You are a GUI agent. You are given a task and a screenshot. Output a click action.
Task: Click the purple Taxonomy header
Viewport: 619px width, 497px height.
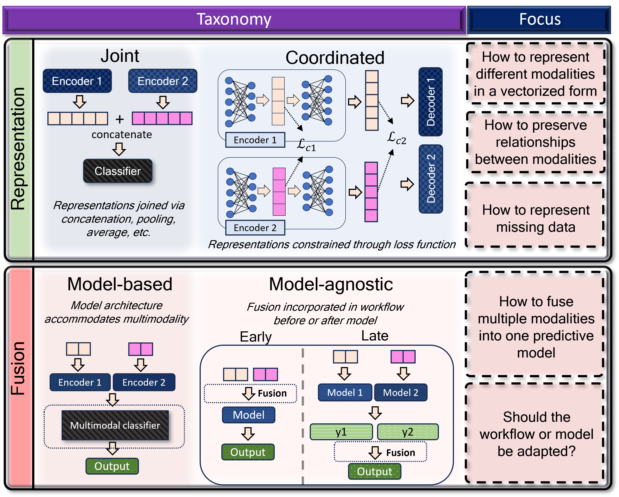234,20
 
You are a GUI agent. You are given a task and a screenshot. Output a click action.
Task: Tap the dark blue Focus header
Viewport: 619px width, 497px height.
539,20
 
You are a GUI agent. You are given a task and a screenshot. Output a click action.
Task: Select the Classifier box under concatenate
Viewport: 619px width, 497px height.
118,171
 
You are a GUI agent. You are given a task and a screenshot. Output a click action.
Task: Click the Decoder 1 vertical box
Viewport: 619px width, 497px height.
430,102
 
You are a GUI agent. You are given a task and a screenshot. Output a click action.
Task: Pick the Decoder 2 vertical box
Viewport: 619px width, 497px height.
431,179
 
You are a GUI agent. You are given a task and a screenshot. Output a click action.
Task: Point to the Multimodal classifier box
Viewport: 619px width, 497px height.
115,425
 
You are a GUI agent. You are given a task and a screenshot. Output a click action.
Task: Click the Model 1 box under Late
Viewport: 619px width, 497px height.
345,392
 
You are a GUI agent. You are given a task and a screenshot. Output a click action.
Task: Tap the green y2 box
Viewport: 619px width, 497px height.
408,432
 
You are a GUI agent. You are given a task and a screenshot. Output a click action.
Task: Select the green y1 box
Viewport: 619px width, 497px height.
341,432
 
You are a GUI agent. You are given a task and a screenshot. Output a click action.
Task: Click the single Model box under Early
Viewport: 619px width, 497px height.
248,415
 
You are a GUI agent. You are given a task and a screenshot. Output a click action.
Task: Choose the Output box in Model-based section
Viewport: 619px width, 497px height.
112,466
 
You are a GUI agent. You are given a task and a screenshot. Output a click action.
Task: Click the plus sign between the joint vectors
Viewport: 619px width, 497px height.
120,119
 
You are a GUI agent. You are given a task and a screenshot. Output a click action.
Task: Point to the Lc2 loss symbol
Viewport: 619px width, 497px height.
396,139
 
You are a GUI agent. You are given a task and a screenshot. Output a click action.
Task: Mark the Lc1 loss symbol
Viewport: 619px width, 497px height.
306,145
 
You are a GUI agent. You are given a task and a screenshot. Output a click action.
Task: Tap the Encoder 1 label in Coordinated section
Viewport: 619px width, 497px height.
255,140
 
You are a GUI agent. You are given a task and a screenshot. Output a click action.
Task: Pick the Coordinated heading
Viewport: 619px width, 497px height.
335,58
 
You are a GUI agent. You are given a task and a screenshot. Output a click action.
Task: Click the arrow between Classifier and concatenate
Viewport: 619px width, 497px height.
119,149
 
